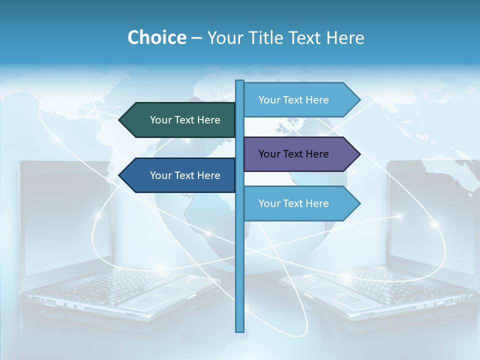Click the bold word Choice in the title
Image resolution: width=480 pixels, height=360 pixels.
coord(156,37)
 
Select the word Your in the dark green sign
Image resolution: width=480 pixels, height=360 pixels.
coord(160,120)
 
